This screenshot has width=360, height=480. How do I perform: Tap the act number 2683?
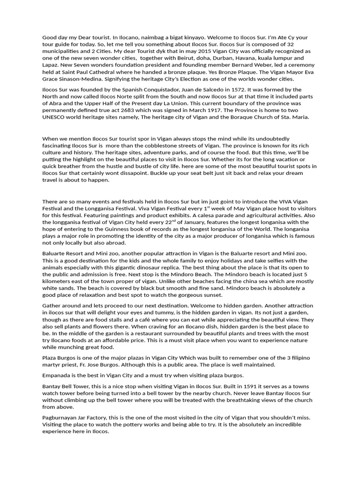click(134, 110)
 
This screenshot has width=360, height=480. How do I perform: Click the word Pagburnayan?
click(63, 418)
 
